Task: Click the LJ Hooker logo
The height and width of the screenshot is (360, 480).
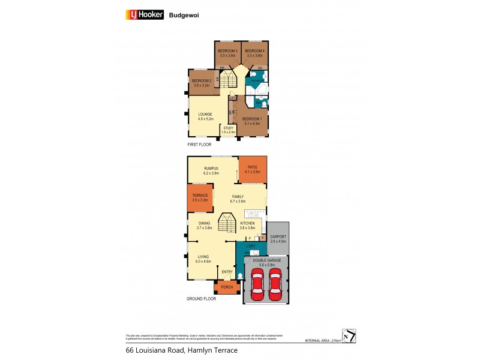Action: (x=143, y=14)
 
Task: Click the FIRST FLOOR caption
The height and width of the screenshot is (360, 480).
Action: (x=199, y=145)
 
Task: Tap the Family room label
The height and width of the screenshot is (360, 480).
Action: (x=238, y=199)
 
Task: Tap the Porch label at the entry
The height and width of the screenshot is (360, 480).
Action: (x=227, y=287)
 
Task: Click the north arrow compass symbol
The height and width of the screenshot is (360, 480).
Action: (x=349, y=336)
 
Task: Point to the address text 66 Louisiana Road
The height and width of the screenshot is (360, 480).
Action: (x=155, y=350)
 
